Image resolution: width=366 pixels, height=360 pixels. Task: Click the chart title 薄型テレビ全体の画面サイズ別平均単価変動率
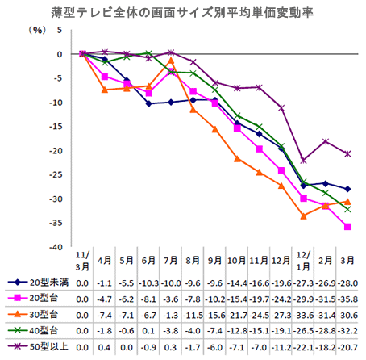(182, 13)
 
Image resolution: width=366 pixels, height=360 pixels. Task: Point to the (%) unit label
(37, 30)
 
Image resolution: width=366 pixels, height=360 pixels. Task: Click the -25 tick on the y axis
(56, 175)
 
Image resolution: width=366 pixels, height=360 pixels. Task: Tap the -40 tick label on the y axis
(56, 247)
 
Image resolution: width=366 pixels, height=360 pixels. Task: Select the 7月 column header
(171, 260)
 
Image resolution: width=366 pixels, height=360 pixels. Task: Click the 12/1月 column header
(303, 261)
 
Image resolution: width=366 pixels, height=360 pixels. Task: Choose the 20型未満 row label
(49, 283)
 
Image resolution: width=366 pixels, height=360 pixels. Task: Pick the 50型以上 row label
(49, 347)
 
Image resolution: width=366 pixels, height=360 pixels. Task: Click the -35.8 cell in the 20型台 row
(347, 299)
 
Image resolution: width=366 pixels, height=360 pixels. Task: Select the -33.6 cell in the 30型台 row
(303, 315)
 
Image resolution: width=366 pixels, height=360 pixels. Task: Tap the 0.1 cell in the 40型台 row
(148, 331)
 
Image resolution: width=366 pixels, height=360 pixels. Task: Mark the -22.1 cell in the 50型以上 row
(303, 347)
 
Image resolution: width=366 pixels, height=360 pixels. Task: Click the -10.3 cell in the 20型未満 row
(148, 283)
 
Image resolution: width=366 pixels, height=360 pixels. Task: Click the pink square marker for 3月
(347, 227)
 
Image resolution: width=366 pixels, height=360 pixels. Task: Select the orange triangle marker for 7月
(171, 61)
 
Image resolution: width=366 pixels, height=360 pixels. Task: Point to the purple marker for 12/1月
(303, 161)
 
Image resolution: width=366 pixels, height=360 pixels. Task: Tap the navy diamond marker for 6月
(148, 103)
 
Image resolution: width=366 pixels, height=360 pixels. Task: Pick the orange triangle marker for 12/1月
(303, 216)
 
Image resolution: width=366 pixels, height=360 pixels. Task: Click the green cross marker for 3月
(347, 209)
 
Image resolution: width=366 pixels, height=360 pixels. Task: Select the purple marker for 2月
(326, 141)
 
